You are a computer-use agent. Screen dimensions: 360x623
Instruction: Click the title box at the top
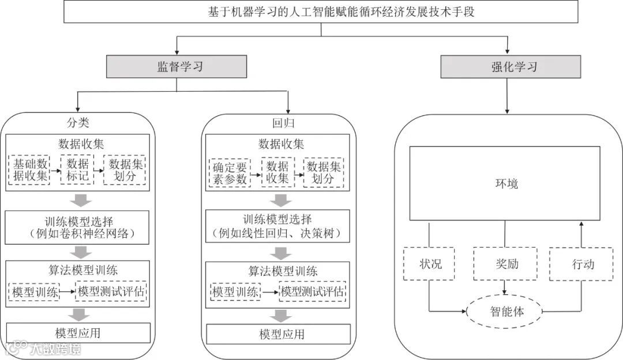click(321, 12)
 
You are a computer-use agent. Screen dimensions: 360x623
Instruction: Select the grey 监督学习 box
click(177, 66)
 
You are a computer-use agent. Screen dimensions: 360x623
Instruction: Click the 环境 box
click(505, 183)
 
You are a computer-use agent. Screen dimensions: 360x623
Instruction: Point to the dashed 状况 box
click(430, 264)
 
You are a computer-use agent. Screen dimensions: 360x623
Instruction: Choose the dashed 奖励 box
click(505, 264)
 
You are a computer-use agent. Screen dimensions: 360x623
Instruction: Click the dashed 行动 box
click(581, 264)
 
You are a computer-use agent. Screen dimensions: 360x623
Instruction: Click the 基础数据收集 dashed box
click(29, 170)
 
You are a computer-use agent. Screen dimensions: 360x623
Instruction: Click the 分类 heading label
click(78, 123)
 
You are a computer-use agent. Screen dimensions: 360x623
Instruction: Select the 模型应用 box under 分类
click(78, 333)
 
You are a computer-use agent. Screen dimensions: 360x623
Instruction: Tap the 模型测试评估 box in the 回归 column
click(313, 292)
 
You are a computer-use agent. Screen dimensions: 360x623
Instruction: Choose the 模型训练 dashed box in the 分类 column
click(35, 292)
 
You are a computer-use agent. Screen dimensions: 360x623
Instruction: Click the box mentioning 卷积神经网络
click(78, 227)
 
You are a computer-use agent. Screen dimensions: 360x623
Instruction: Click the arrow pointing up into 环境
click(581, 230)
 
